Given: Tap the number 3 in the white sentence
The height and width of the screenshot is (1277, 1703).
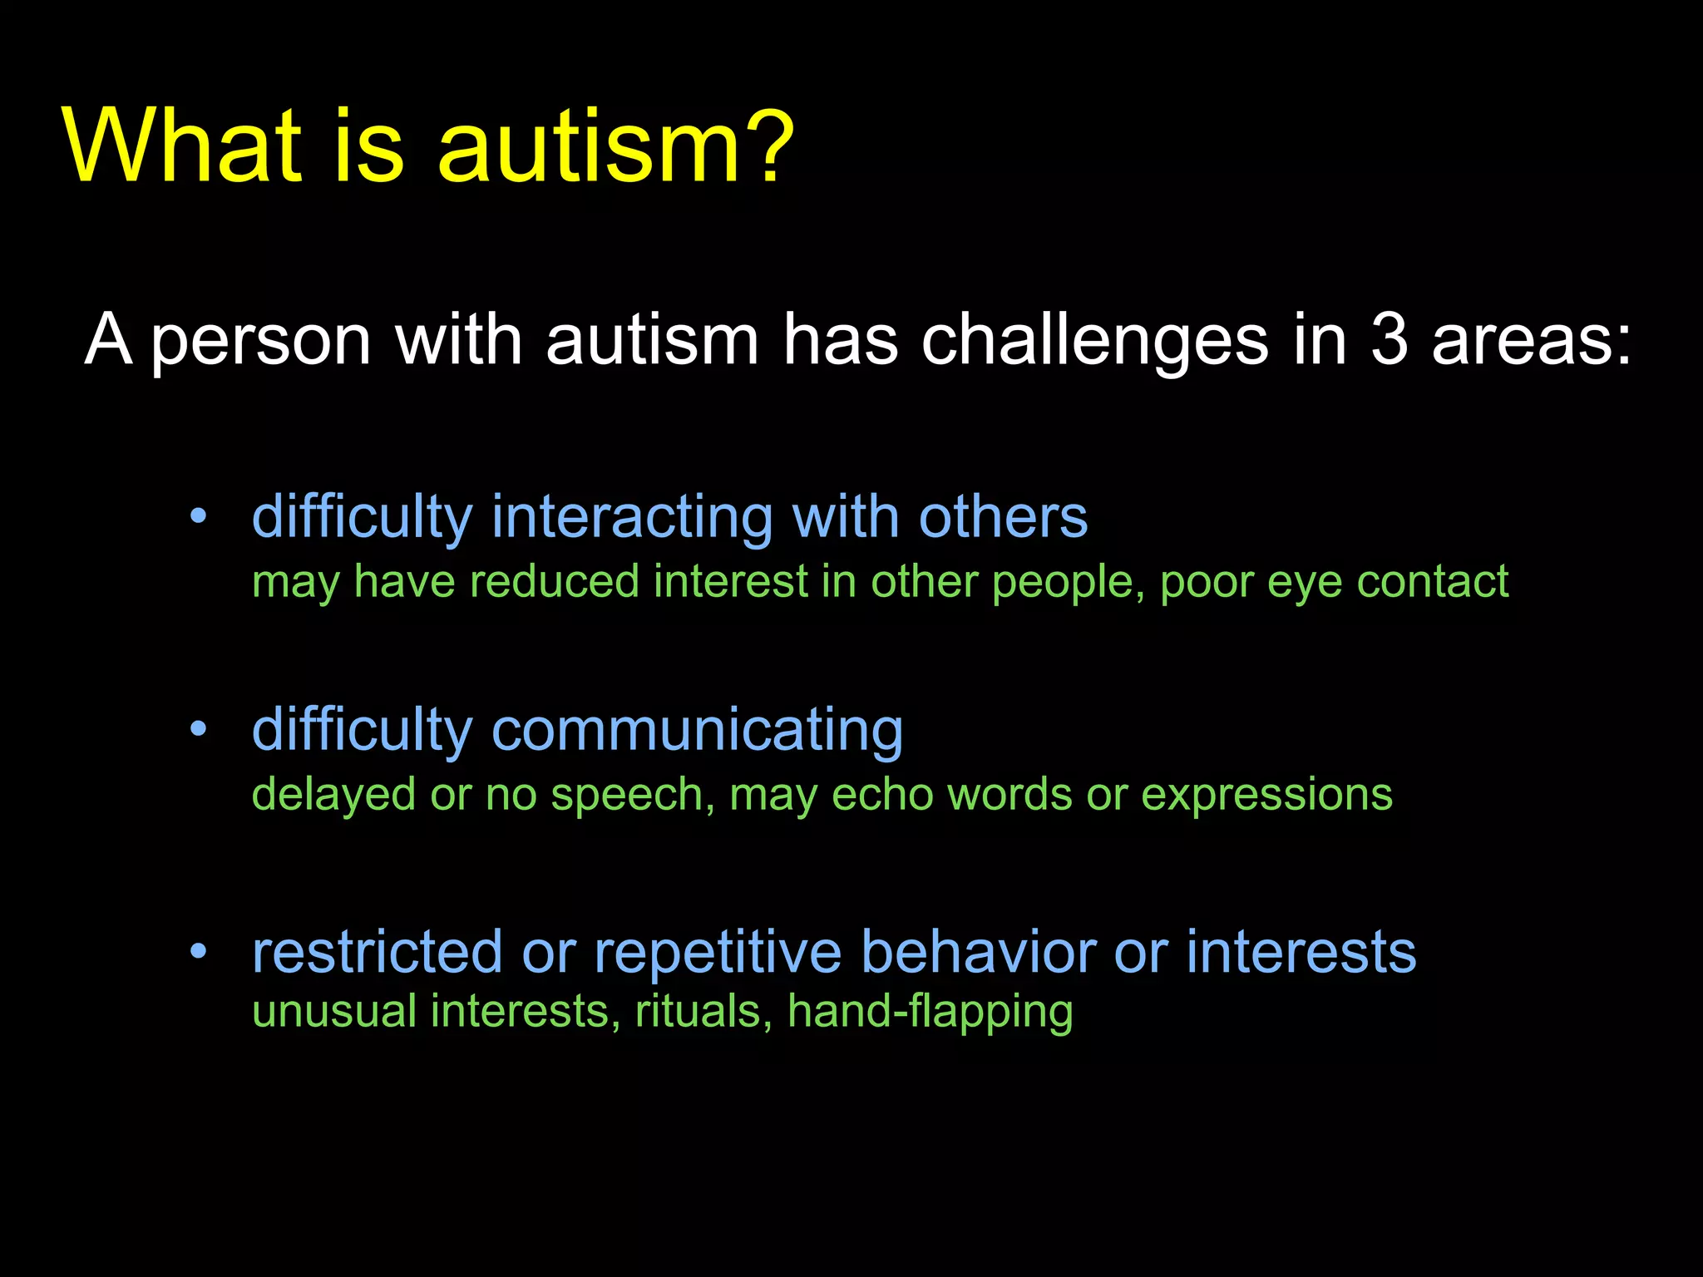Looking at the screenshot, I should click(x=1389, y=339).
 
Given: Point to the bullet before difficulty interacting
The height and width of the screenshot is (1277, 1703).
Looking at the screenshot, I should click(x=198, y=517).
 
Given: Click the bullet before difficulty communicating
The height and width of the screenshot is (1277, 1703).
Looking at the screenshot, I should click(x=198, y=730).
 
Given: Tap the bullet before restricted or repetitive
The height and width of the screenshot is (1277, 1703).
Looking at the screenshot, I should click(x=198, y=951).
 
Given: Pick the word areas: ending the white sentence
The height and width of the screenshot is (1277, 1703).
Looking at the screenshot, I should click(x=1531, y=341).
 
